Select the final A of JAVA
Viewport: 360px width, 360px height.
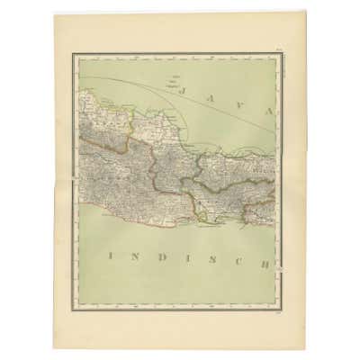click(x=267, y=109)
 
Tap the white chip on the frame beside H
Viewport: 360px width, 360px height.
click(x=279, y=267)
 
